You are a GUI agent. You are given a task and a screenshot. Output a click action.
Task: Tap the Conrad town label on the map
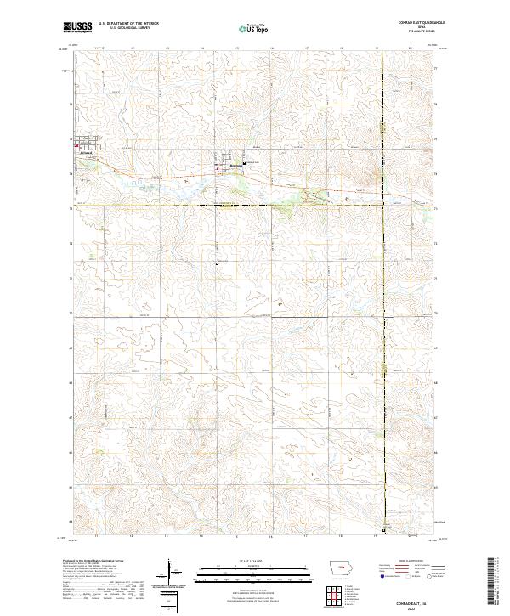click(x=85, y=153)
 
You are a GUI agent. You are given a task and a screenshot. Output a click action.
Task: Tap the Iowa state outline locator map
click(x=339, y=568)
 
